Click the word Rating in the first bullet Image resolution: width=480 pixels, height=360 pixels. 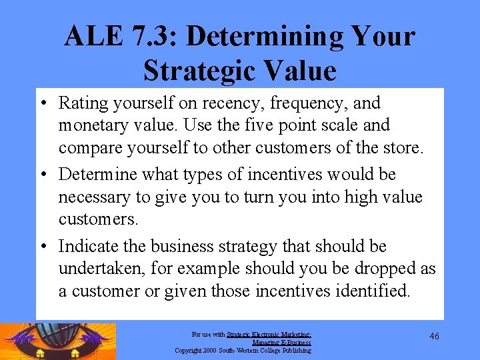point(82,103)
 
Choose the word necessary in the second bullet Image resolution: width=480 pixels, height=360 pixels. point(91,198)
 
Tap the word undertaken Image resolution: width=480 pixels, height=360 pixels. point(100,269)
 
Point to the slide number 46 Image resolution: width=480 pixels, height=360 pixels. point(434,336)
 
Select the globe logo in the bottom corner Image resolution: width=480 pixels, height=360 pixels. point(59,341)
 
